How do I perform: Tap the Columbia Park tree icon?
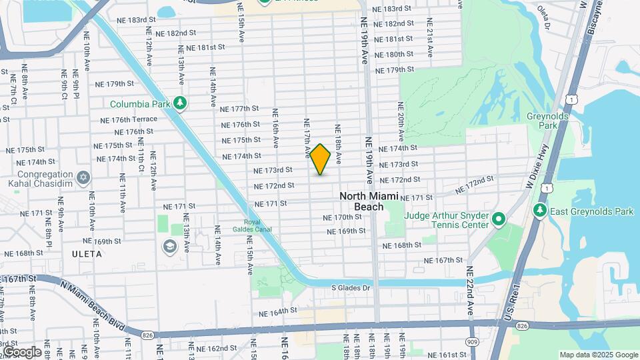[179, 103]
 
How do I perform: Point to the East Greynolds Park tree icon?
[540, 211]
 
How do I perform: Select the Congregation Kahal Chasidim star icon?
[83, 177]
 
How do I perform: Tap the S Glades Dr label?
[351, 288]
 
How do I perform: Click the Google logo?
[22, 351]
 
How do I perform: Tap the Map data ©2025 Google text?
[599, 355]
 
